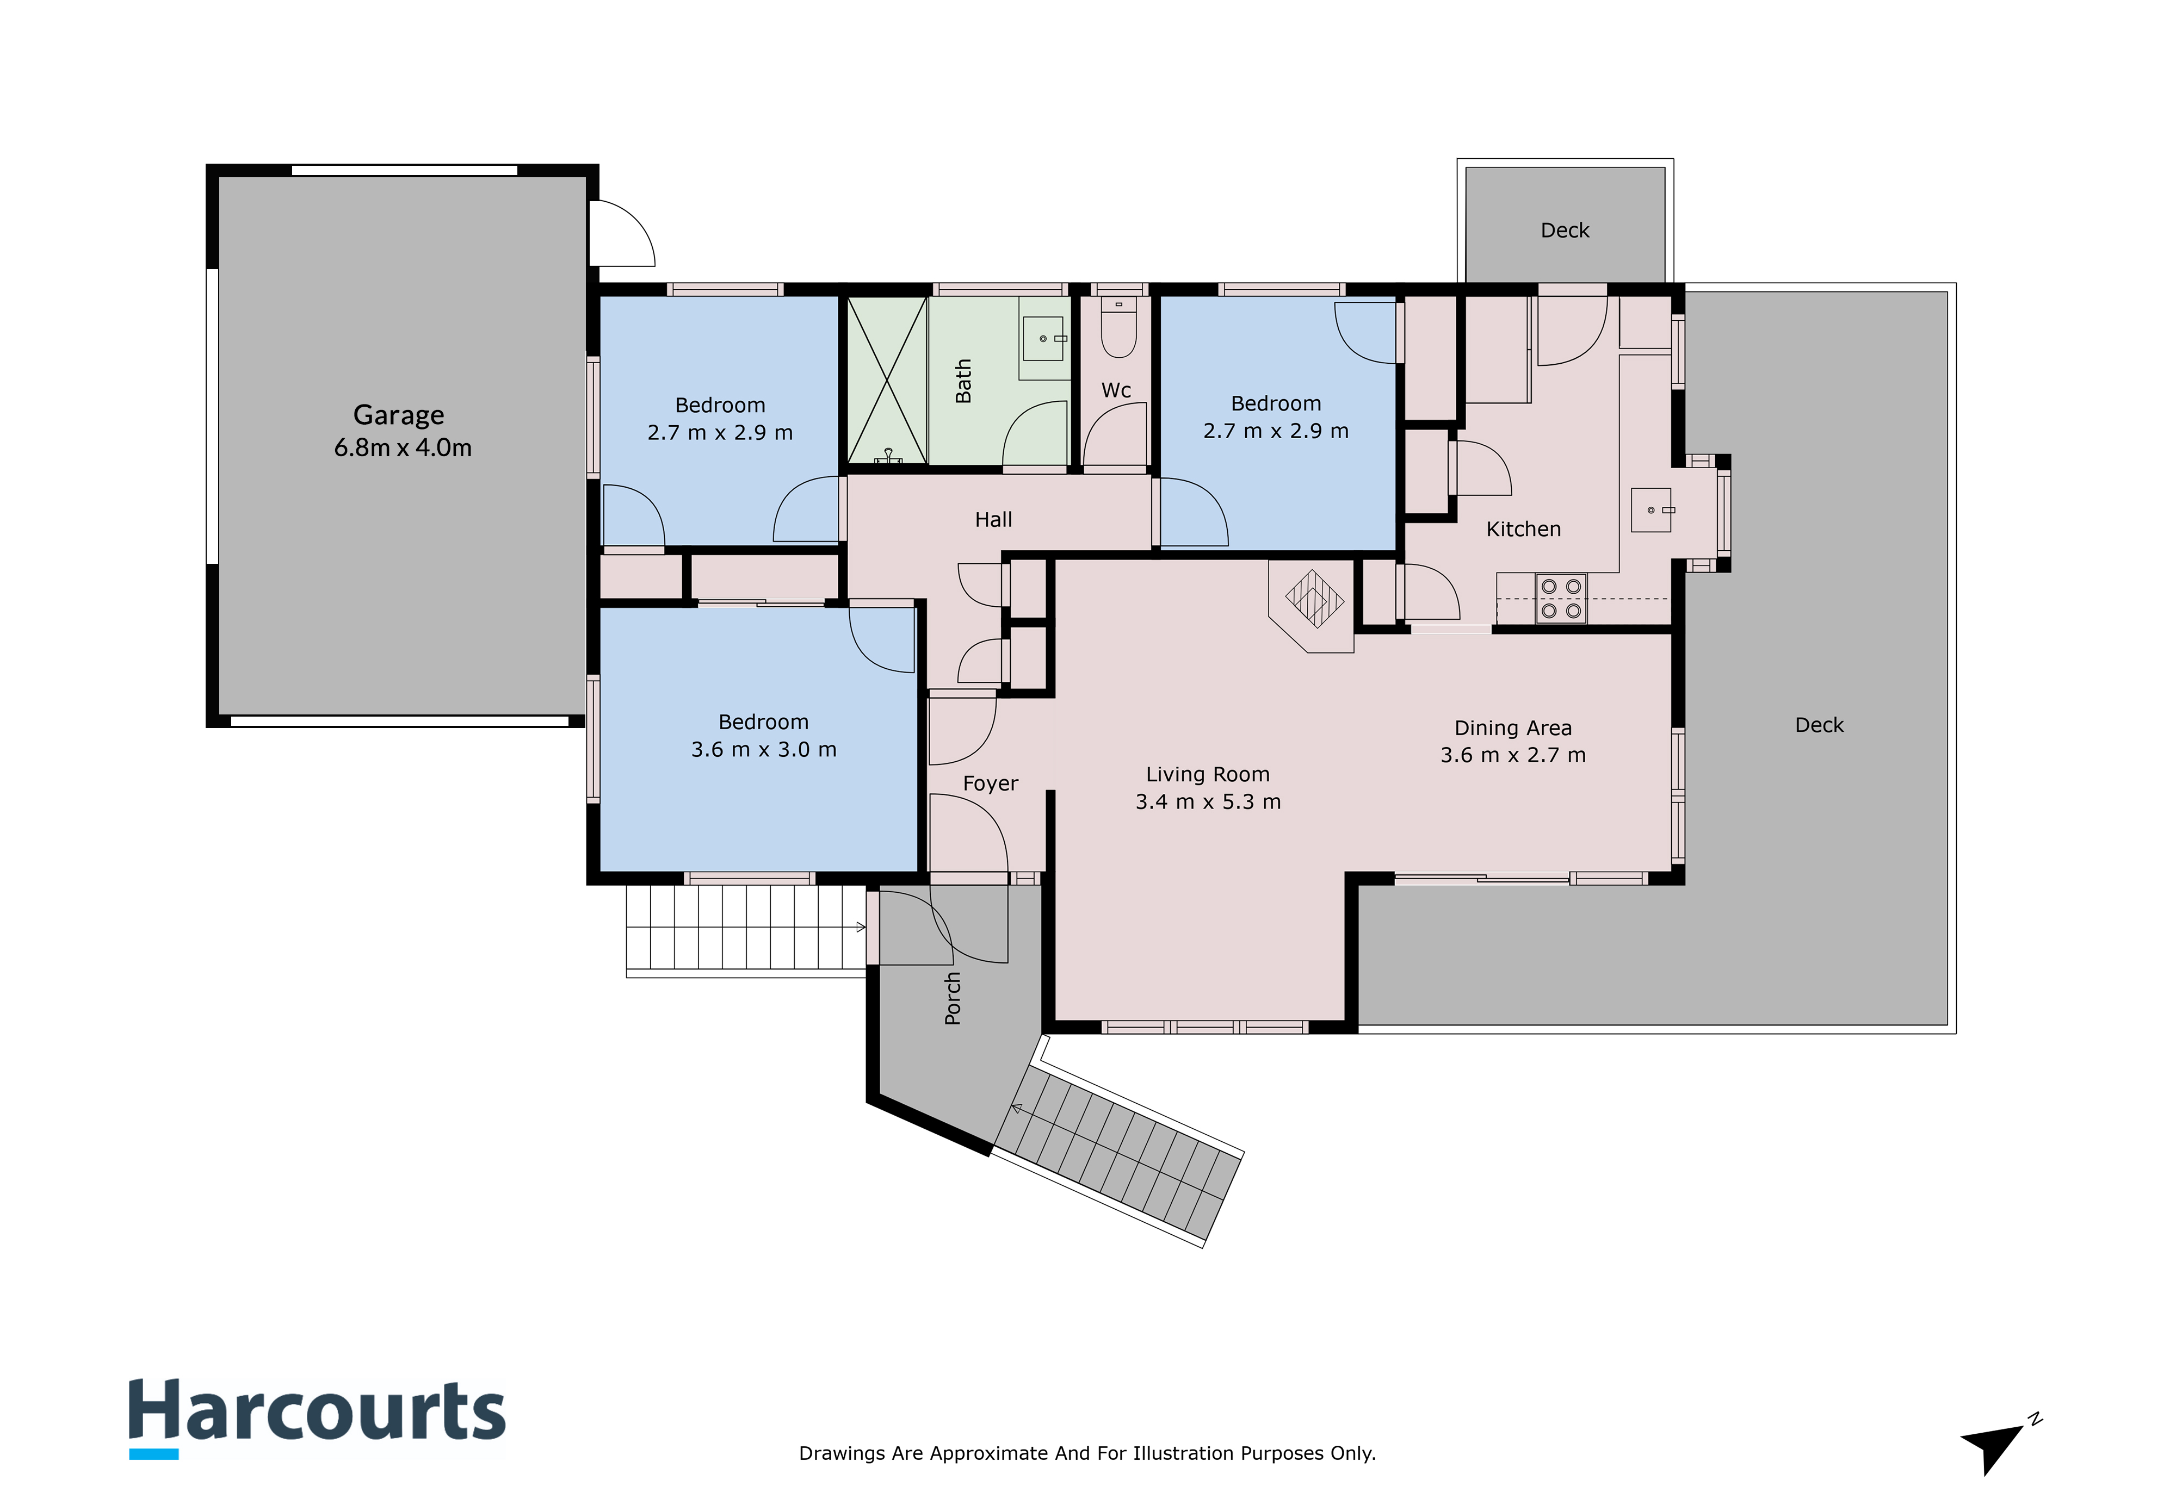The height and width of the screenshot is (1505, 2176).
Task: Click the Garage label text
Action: [399, 415]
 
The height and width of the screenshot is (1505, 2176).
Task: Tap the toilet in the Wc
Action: [1118, 327]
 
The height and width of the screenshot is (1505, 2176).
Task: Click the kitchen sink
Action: [1652, 510]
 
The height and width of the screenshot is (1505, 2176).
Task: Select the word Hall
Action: [993, 520]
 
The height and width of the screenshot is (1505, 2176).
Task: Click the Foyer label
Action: [991, 783]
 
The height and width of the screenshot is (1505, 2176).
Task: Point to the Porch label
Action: [953, 999]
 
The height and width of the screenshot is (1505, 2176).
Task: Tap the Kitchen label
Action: [1523, 529]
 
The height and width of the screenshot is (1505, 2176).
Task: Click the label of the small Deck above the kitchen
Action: [1565, 230]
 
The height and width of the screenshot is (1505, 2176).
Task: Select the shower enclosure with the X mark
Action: [887, 381]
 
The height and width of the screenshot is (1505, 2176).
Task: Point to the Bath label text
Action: [963, 381]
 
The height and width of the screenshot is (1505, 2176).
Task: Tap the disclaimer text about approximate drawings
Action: [1087, 1453]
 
